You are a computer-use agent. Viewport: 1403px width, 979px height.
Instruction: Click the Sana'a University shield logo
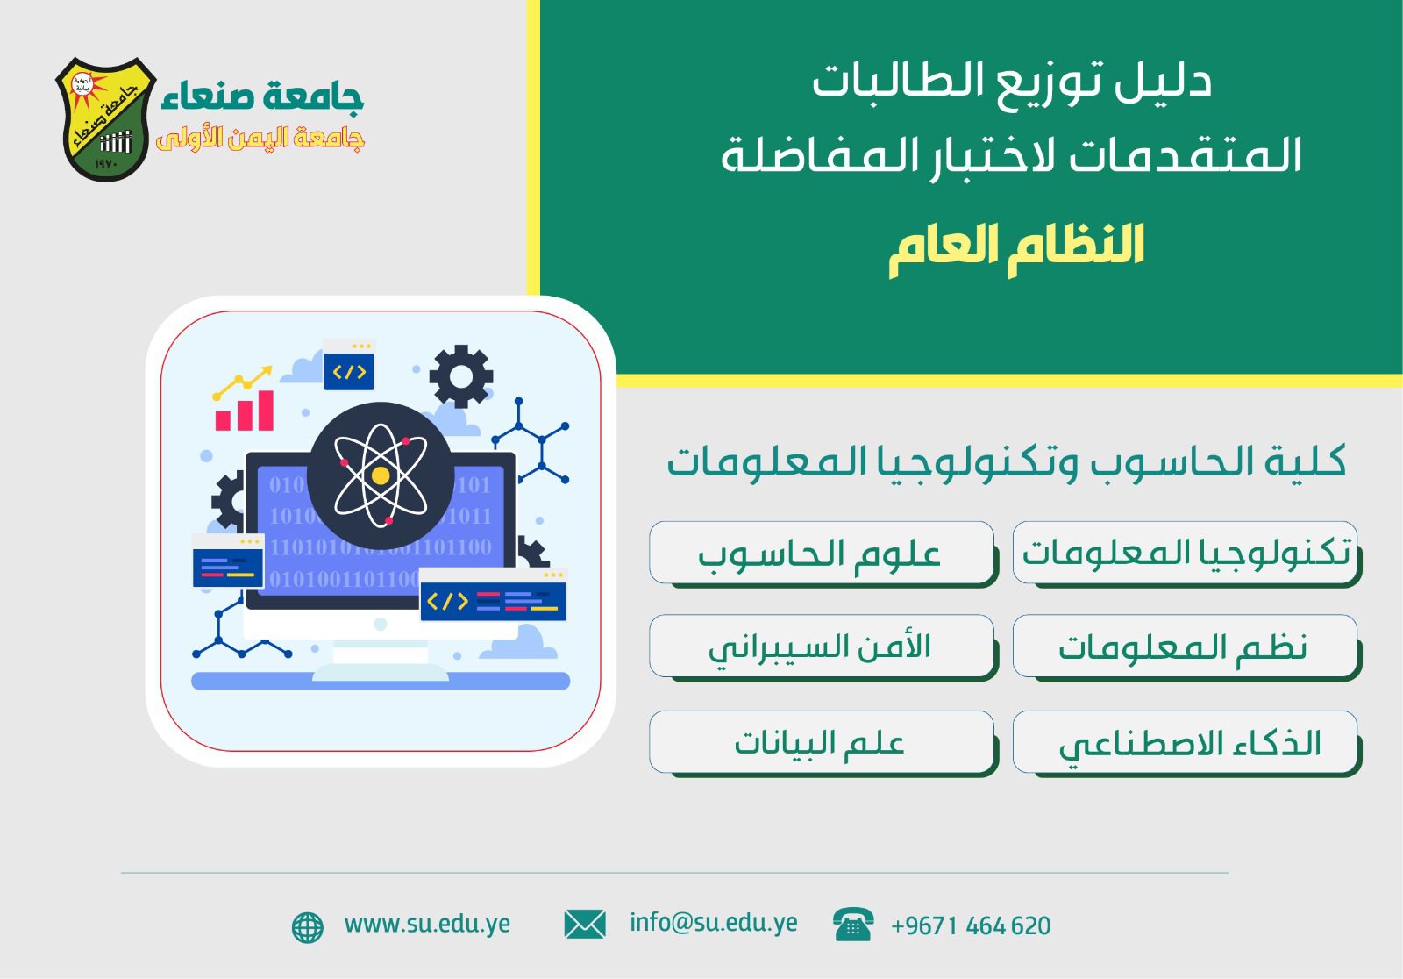click(106, 119)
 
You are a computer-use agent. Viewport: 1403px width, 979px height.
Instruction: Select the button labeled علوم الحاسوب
click(822, 553)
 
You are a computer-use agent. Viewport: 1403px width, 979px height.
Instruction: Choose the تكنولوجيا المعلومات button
click(1185, 553)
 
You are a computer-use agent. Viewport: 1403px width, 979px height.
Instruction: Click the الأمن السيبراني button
click(822, 647)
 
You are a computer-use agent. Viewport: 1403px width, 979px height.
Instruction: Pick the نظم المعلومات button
click(1185, 647)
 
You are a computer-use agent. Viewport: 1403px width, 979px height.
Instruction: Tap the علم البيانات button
click(822, 742)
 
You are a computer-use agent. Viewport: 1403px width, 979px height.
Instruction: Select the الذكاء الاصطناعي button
click(1185, 742)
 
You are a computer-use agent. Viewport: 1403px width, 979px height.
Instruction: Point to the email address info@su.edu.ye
click(714, 924)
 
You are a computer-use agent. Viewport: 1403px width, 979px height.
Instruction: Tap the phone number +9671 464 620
click(971, 925)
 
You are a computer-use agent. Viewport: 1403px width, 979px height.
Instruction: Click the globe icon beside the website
click(308, 927)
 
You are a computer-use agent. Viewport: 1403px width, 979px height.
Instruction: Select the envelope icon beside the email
click(585, 925)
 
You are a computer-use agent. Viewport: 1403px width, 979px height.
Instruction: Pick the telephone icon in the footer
click(853, 925)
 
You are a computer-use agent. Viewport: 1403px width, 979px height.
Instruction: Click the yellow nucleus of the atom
click(381, 475)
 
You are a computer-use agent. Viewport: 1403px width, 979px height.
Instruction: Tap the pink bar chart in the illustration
click(245, 411)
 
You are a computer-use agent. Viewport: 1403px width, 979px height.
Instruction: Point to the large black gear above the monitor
click(461, 376)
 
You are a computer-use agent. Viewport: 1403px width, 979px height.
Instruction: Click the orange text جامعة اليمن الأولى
click(260, 139)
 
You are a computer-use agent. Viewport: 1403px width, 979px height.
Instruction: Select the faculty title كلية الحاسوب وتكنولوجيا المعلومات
click(1006, 463)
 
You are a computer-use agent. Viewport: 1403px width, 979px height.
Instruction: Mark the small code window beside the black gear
click(349, 364)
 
